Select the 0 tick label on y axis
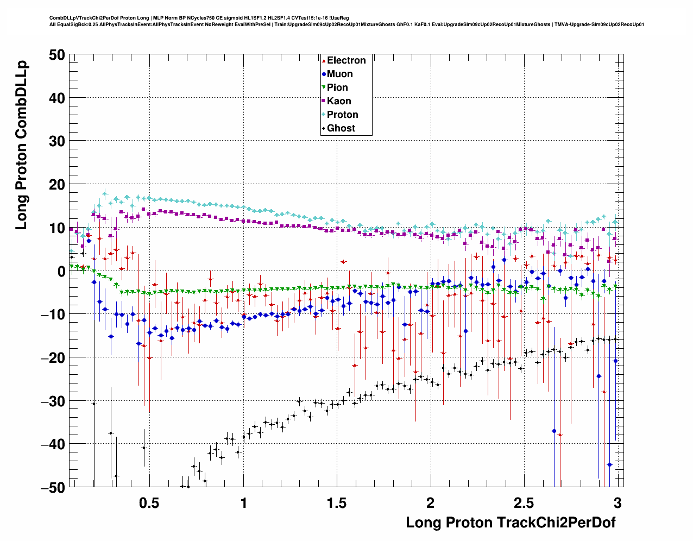coord(60,271)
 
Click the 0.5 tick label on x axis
coord(149,502)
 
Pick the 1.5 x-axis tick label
coord(336,502)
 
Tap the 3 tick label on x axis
coord(618,502)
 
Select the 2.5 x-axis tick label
coord(524,502)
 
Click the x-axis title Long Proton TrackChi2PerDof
coord(511,523)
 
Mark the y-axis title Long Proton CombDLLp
coord(21,146)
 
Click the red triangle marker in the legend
coord(324,60)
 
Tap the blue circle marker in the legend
coord(324,74)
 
